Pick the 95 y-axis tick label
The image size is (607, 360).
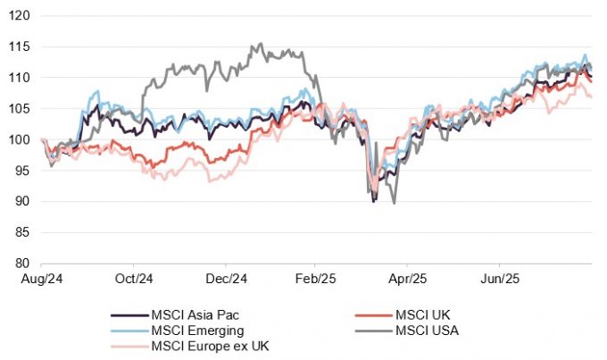click(x=24, y=171)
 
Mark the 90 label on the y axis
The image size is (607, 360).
click(x=24, y=202)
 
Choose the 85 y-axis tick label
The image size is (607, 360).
click(x=24, y=232)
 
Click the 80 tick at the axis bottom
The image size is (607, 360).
click(x=24, y=264)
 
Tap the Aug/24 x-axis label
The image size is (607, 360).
click(x=41, y=279)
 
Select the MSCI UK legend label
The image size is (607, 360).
click(x=425, y=315)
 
